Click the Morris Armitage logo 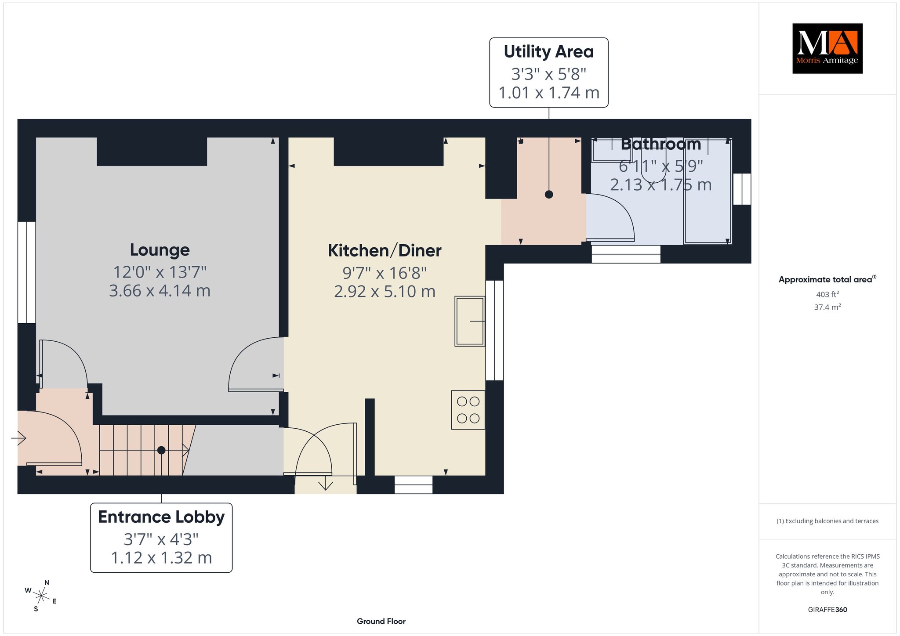[827, 48]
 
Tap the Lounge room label [160, 250]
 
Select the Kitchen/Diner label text [385, 250]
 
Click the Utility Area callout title [549, 52]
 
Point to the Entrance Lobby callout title [161, 517]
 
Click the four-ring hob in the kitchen [468, 410]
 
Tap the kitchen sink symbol [470, 321]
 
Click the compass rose [41, 596]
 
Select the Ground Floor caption [381, 621]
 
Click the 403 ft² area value [827, 294]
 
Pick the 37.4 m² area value [827, 307]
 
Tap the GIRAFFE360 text [827, 610]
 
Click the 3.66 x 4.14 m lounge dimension [160, 291]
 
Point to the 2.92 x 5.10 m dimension [385, 291]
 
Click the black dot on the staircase [161, 450]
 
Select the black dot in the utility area [549, 194]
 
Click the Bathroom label [661, 144]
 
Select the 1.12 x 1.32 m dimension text [161, 558]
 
